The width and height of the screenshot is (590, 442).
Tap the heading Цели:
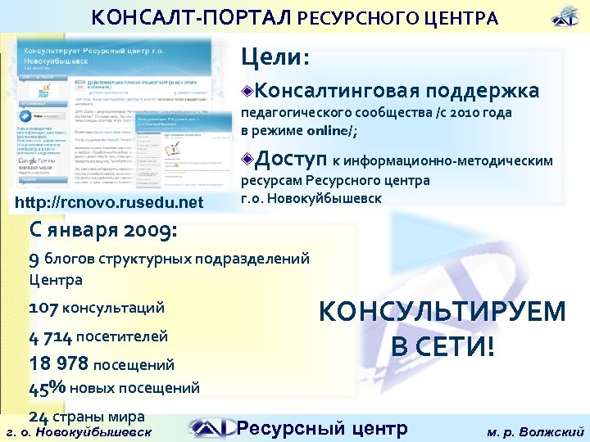[x=275, y=57]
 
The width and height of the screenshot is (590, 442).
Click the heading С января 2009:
[x=102, y=230]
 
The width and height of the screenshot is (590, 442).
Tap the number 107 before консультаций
[x=43, y=308]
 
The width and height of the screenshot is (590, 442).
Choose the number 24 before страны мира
[x=38, y=415]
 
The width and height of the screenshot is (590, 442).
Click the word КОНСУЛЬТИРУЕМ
[x=442, y=312]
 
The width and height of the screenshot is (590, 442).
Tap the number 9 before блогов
[x=34, y=259]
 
